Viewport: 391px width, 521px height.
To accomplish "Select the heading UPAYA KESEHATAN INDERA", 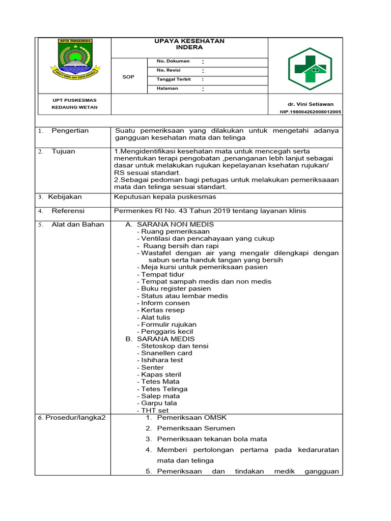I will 189,44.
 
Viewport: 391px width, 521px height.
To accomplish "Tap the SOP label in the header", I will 129,76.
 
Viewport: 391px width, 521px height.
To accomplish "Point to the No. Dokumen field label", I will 173,62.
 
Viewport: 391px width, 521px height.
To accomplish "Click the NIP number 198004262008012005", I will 311,111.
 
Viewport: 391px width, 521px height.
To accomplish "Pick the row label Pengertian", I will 70,131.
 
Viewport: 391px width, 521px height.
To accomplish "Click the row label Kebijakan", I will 65,197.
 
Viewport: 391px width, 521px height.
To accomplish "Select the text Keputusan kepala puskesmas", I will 165,197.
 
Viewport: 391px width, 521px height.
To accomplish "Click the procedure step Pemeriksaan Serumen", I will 196,428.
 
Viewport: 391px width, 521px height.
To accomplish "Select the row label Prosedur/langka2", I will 72,418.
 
